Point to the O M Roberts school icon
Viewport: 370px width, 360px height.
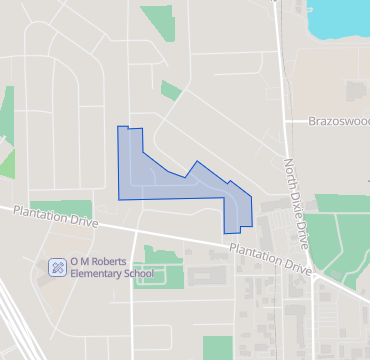tap(58, 266)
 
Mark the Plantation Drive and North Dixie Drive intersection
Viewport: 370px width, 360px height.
tap(312, 272)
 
